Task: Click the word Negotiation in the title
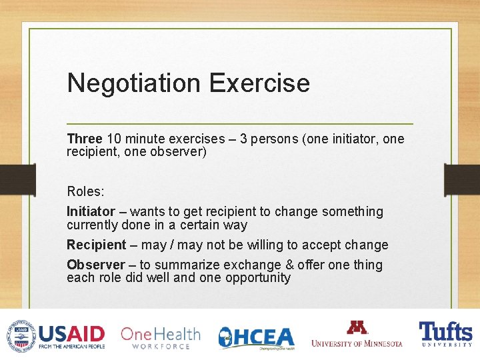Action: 133,83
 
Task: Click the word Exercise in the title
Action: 259,83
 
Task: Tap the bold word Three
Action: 84,139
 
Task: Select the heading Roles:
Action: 85,191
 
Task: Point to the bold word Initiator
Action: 91,211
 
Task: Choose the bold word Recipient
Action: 96,245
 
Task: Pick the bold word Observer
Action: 95,265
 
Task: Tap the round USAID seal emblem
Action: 21,335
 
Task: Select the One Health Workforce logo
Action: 160,337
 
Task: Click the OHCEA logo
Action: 257,337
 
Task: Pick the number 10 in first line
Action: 114,139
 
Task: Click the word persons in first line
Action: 275,139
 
